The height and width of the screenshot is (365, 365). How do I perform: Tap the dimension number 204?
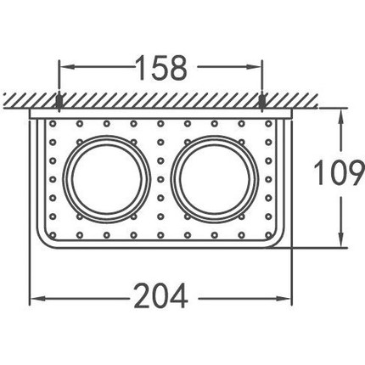[x=160, y=296]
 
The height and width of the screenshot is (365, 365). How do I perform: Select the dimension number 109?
[x=339, y=172]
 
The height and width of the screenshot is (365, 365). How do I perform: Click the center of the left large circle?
[x=107, y=179]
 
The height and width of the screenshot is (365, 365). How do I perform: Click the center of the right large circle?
[x=215, y=179]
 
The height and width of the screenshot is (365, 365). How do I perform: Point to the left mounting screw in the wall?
[x=59, y=103]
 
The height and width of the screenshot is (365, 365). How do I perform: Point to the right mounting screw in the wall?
[x=262, y=103]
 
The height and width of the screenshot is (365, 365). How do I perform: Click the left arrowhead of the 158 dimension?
[x=67, y=67]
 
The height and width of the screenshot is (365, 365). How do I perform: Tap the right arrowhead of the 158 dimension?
[x=254, y=67]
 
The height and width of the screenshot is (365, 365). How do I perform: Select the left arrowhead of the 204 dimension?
[x=38, y=298]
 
